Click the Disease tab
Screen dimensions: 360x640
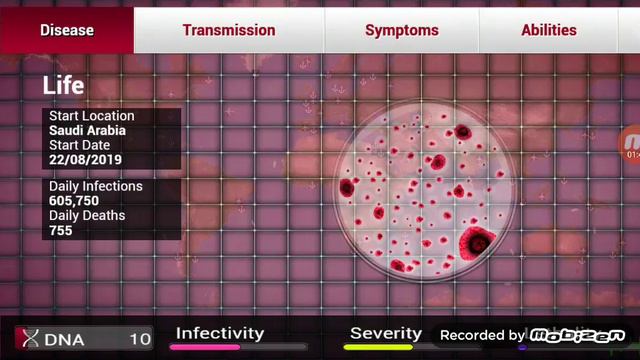(67, 30)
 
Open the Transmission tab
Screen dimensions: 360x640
(228, 30)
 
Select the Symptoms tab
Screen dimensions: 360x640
(401, 30)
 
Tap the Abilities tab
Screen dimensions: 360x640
(548, 30)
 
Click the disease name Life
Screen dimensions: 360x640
(63, 86)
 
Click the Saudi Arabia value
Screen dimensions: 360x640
(89, 131)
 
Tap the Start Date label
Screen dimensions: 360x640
(79, 146)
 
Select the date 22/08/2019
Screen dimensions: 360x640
(85, 160)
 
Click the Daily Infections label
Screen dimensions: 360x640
(95, 187)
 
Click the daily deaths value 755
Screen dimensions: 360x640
(62, 231)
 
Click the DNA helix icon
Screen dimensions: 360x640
(32, 339)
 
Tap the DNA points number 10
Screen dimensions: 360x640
(140, 339)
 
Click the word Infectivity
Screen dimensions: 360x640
(220, 334)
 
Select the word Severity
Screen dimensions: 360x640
(385, 334)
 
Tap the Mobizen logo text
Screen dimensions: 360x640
(577, 335)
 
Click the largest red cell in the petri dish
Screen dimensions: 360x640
(478, 241)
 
